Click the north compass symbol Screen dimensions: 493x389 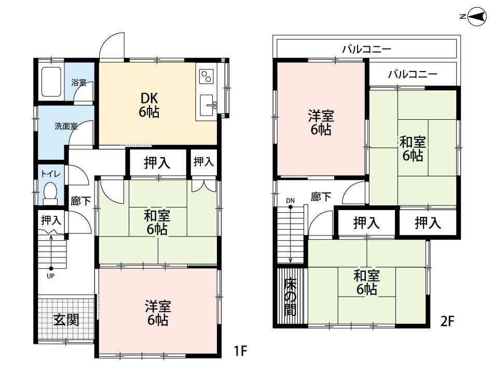click(474, 17)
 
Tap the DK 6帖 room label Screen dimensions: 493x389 click(149, 105)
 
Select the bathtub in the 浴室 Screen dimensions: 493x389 click(51, 81)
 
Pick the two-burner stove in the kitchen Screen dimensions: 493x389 click(206, 76)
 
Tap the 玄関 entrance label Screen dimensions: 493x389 click(66, 320)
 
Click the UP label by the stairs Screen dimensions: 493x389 click(50, 276)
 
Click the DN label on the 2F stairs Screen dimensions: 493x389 click(290, 201)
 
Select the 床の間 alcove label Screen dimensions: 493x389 click(290, 297)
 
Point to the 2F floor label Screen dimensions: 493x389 click(447, 321)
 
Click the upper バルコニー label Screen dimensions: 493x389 click(366, 49)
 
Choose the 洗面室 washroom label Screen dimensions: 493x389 click(66, 127)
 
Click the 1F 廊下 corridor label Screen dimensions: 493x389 click(81, 201)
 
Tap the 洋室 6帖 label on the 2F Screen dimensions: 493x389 click(321, 122)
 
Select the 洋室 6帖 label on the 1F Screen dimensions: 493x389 click(158, 313)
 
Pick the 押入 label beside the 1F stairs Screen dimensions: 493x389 click(51, 220)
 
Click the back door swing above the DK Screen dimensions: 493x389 click(112, 46)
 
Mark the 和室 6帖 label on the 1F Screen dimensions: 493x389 click(157, 223)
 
